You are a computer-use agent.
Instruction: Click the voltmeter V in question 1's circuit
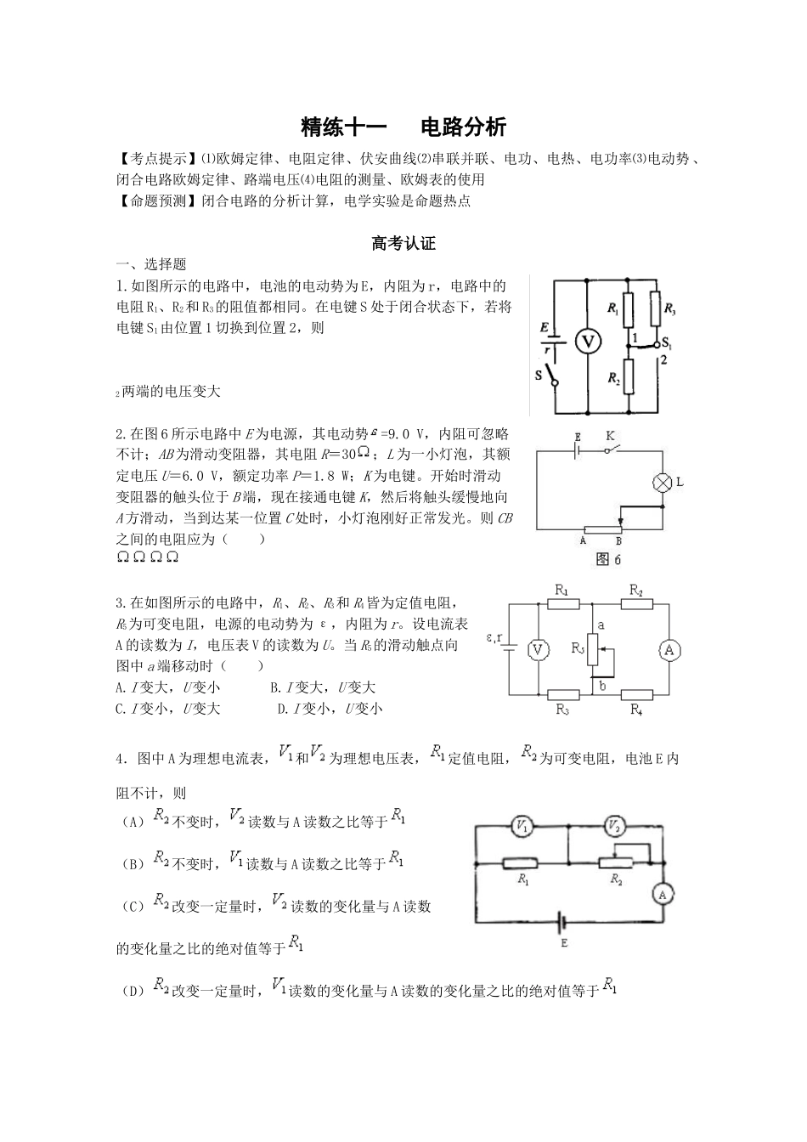(x=587, y=342)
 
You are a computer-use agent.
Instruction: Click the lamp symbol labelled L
(x=661, y=483)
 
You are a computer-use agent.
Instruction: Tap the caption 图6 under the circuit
(x=610, y=559)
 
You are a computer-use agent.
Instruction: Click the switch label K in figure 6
(x=610, y=436)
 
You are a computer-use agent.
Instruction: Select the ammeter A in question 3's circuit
(x=669, y=650)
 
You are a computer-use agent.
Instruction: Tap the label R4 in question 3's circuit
(x=635, y=710)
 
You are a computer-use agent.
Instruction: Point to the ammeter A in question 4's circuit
(x=665, y=894)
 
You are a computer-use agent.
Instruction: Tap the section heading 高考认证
(x=403, y=244)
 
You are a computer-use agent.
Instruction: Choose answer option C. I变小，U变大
(x=167, y=709)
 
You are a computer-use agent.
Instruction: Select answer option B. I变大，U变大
(x=323, y=687)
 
